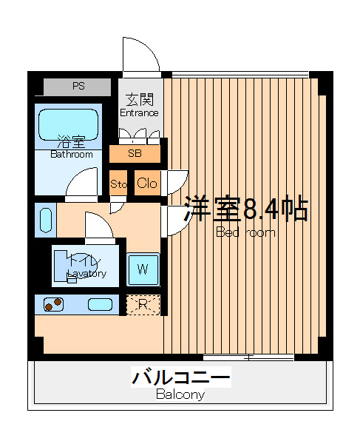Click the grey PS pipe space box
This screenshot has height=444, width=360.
[x=77, y=87]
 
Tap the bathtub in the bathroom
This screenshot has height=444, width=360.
[x=69, y=125]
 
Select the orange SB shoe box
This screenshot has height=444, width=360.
[x=135, y=154]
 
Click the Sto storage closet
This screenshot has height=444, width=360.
[x=118, y=183]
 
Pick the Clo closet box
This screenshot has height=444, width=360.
[x=147, y=183]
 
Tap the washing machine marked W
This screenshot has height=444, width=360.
[x=143, y=269]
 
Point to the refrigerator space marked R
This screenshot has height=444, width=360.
[x=143, y=305]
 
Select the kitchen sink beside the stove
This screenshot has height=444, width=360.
[x=100, y=305]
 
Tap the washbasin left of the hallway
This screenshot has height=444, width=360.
[x=46, y=221]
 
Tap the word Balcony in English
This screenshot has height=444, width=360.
[x=180, y=394]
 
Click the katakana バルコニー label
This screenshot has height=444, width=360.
[x=181, y=377]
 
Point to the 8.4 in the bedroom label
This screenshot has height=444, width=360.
[x=261, y=209]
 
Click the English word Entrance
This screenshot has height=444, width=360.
[x=139, y=112]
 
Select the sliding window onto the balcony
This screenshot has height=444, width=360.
[x=248, y=357]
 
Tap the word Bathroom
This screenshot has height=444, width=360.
[x=72, y=155]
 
